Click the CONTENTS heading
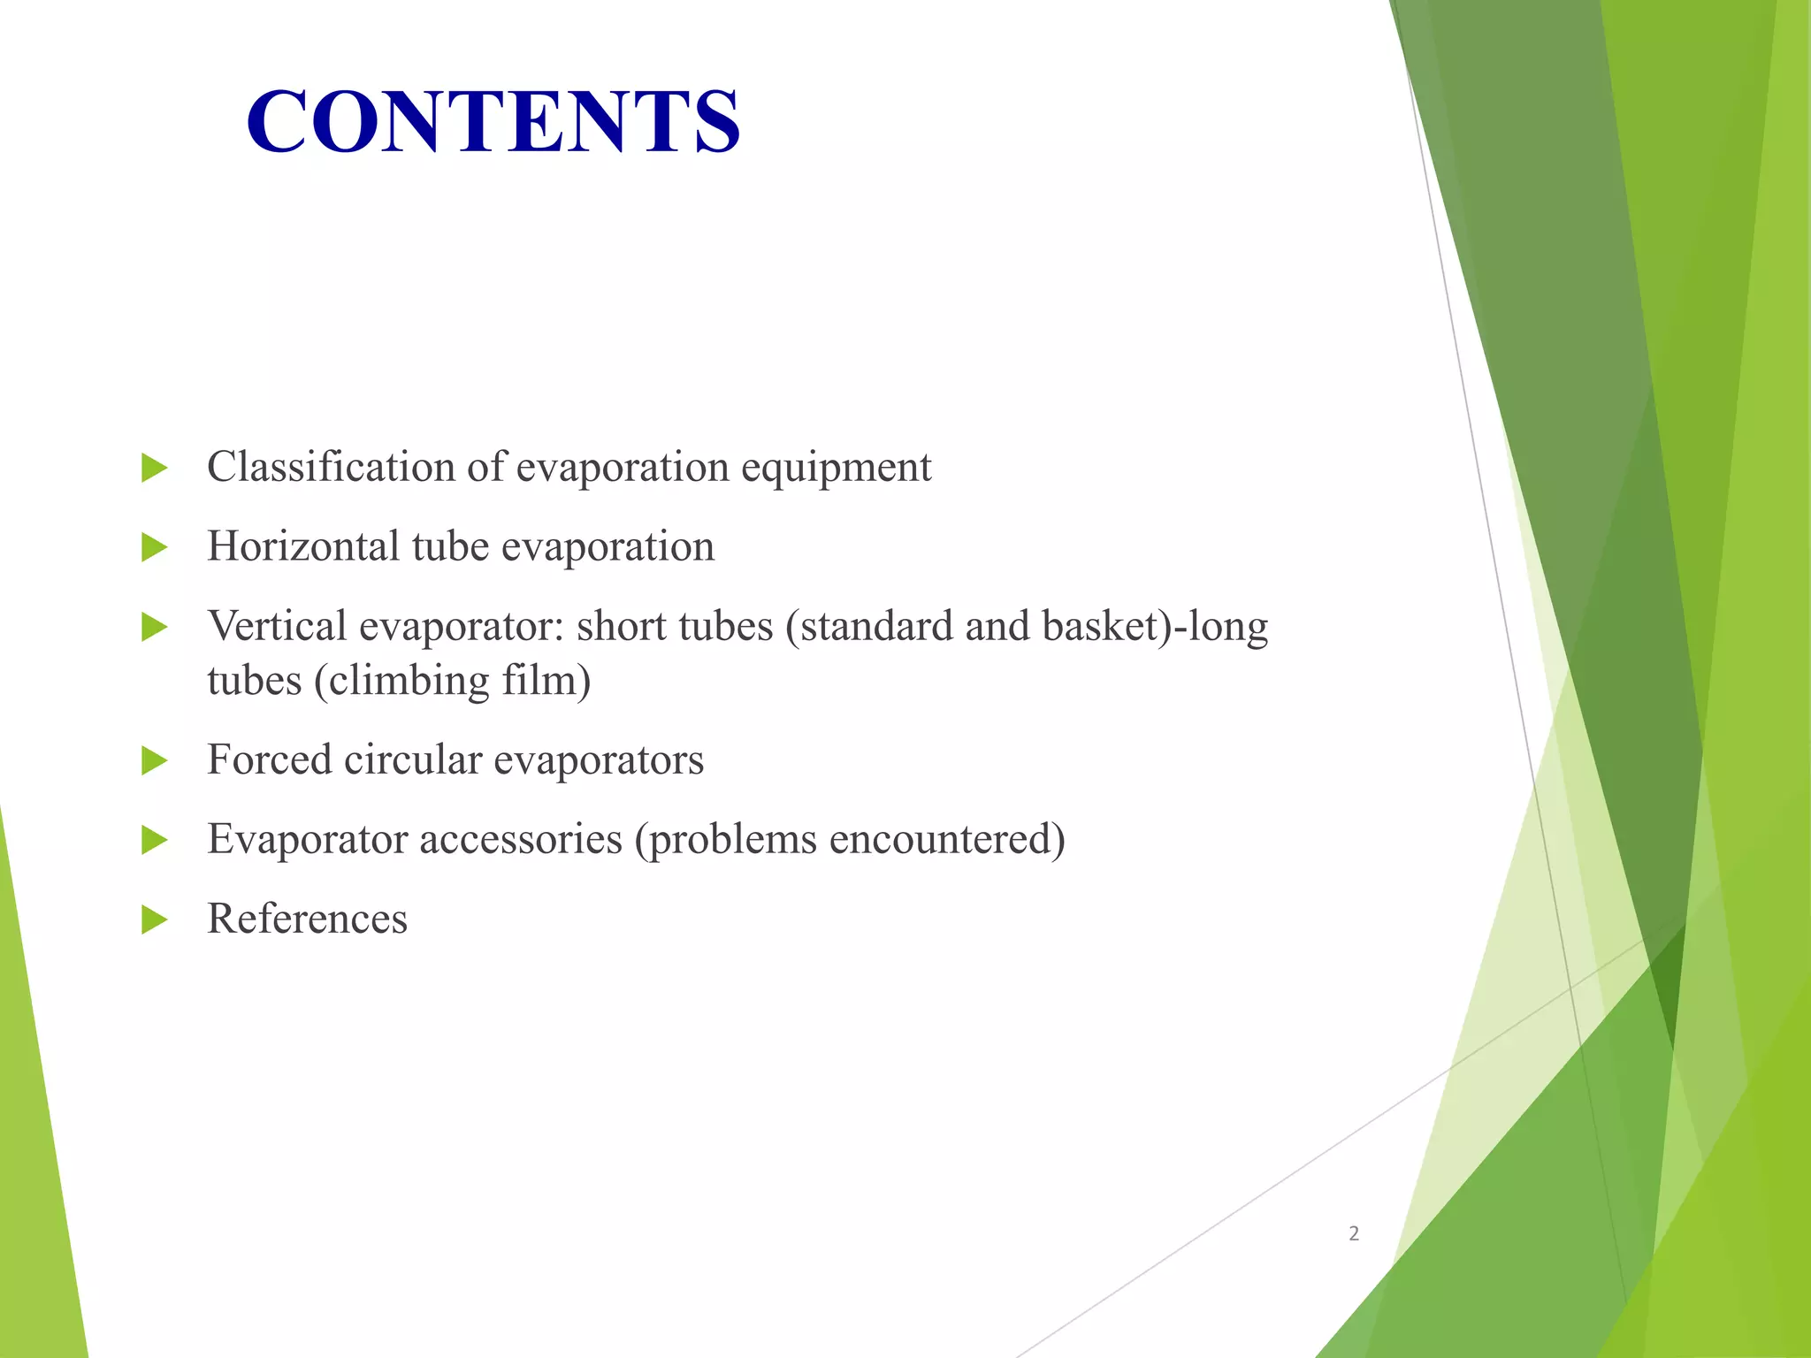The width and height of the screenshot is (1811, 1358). click(x=493, y=121)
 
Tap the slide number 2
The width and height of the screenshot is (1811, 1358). click(x=1353, y=1233)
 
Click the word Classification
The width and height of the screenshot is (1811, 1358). click(x=331, y=467)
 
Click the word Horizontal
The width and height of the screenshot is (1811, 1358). click(x=303, y=546)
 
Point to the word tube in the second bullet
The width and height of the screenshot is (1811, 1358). click(x=450, y=546)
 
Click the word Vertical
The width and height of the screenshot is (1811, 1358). click(x=277, y=626)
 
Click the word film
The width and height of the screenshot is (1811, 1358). click(x=546, y=681)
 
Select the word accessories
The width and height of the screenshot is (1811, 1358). click(x=520, y=839)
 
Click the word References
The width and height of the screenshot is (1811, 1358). click(x=307, y=919)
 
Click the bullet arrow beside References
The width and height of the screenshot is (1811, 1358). click(x=154, y=919)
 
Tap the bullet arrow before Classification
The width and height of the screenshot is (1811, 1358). click(x=154, y=468)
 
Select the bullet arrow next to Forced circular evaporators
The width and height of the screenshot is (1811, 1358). click(x=154, y=760)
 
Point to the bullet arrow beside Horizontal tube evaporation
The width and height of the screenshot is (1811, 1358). click(x=154, y=547)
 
